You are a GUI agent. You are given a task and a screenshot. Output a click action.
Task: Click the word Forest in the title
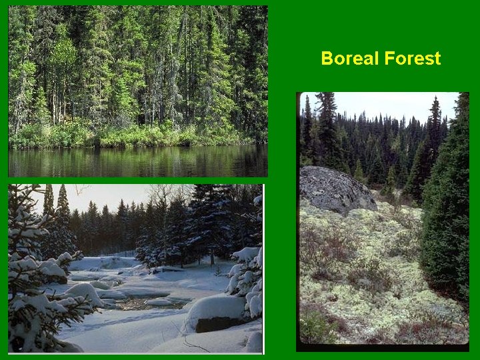(413, 59)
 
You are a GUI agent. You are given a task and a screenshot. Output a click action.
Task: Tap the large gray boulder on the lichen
(335, 189)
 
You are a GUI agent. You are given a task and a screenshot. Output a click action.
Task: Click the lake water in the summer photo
(133, 161)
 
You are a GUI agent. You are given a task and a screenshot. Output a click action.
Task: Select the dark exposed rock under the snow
(213, 324)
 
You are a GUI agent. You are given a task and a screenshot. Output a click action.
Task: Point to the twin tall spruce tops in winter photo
(56, 200)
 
